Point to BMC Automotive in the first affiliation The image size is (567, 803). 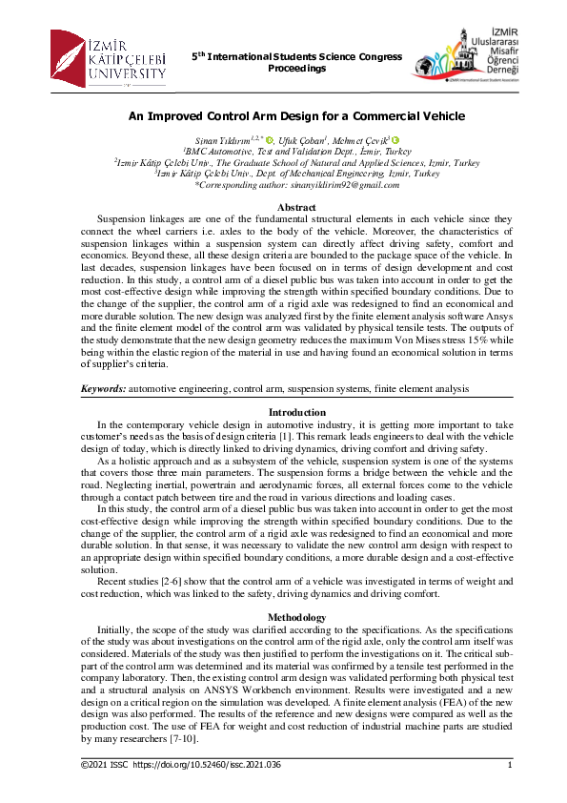pyautogui.click(x=222, y=151)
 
